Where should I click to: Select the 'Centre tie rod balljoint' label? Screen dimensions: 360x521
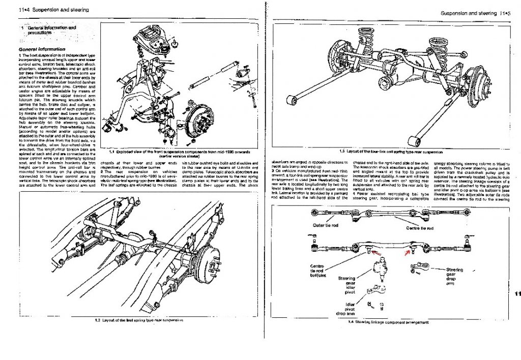point(317,271)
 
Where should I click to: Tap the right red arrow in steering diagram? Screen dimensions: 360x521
point(407,251)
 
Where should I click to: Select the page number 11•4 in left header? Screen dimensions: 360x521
point(25,10)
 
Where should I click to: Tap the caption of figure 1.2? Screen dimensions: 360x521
point(138,320)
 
